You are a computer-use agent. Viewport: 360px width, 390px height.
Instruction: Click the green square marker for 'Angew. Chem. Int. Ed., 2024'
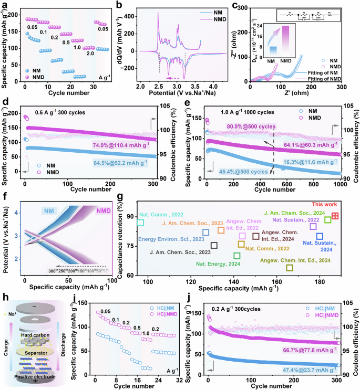[x=290, y=268]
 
